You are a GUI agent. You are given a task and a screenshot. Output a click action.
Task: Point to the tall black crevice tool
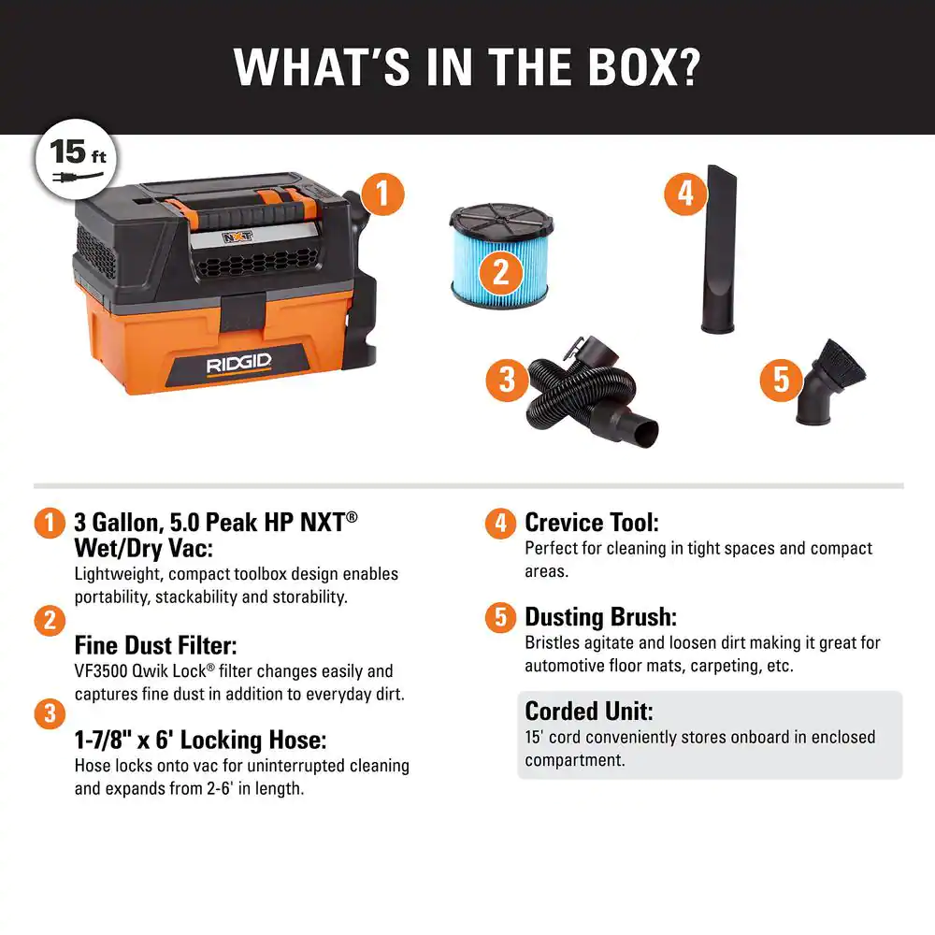click(721, 249)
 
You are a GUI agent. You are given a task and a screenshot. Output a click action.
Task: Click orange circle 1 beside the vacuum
click(381, 194)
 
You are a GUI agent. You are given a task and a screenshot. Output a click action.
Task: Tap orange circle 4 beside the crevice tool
click(686, 194)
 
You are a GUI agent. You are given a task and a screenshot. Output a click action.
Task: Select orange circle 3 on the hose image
click(507, 380)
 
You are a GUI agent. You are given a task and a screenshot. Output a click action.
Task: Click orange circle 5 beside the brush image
click(782, 381)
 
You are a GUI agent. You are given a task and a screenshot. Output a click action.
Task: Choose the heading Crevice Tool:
click(592, 522)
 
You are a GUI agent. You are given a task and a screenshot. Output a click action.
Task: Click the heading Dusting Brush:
click(600, 617)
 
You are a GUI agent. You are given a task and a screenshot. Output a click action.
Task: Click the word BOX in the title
click(631, 67)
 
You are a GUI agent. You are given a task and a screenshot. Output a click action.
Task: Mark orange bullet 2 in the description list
click(49, 621)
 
